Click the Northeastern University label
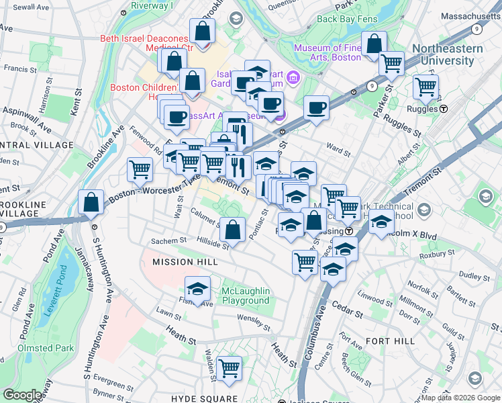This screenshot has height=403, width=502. click(452, 54)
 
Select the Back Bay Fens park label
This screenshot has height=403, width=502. click(344, 19)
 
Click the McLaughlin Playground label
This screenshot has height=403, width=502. click(246, 296)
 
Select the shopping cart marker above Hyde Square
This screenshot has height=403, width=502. click(230, 368)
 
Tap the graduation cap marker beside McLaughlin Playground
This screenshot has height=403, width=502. click(197, 289)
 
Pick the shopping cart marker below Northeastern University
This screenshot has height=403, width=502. click(425, 87)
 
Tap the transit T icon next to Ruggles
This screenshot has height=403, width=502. click(444, 108)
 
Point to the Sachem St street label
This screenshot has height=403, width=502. click(168, 240)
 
